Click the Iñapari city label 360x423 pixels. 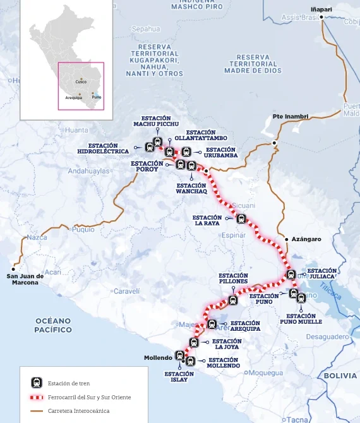coord(321,9)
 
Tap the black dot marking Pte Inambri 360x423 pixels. coord(274,143)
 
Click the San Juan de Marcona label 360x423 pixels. coord(25,279)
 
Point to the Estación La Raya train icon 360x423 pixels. coord(241,219)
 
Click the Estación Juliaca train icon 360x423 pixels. coord(291,274)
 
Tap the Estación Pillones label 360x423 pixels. coord(233,279)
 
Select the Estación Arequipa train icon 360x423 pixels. coord(212,324)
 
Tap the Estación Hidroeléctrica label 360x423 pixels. coord(103,148)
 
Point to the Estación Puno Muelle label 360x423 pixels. coord(301,318)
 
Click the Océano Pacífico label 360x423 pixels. coord(53,325)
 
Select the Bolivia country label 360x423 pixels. coord(340,376)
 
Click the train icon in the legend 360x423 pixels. coord(37,383)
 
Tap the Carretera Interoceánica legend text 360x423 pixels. coord(78,411)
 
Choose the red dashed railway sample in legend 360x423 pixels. coord(37,398)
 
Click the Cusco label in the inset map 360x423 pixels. coord(81,82)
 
